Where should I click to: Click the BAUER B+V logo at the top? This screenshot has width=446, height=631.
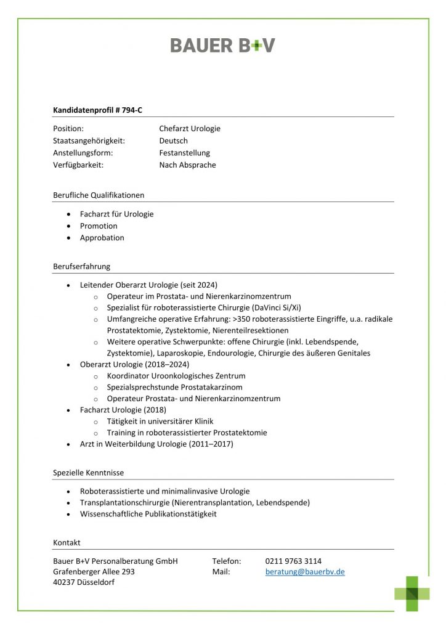pyautogui.click(x=222, y=45)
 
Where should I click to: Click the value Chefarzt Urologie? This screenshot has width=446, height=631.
pyautogui.click(x=189, y=129)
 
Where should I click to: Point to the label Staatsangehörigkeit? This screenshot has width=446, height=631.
pyautogui.click(x=89, y=140)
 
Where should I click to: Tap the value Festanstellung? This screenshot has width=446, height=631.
pyautogui.click(x=184, y=153)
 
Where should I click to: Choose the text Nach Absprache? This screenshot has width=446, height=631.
pyautogui.click(x=187, y=165)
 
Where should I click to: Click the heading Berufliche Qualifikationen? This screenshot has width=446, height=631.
pyautogui.click(x=99, y=195)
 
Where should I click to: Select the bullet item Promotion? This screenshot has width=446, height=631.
pyautogui.click(x=99, y=226)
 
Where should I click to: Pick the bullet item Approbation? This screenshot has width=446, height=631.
pyautogui.click(x=102, y=237)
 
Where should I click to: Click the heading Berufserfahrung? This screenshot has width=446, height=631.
pyautogui.click(x=81, y=267)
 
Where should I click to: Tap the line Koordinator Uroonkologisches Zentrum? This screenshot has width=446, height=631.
pyautogui.click(x=176, y=375)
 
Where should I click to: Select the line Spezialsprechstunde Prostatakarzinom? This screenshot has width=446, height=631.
pyautogui.click(x=174, y=387)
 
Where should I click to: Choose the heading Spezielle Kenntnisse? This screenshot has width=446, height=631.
pyautogui.click(x=88, y=473)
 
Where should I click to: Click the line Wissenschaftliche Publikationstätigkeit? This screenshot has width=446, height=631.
pyautogui.click(x=148, y=514)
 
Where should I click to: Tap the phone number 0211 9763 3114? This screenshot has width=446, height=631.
pyautogui.click(x=293, y=561)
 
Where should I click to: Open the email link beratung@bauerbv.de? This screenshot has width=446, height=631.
pyautogui.click(x=305, y=572)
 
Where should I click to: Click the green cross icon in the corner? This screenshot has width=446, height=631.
pyautogui.click(x=412, y=593)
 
